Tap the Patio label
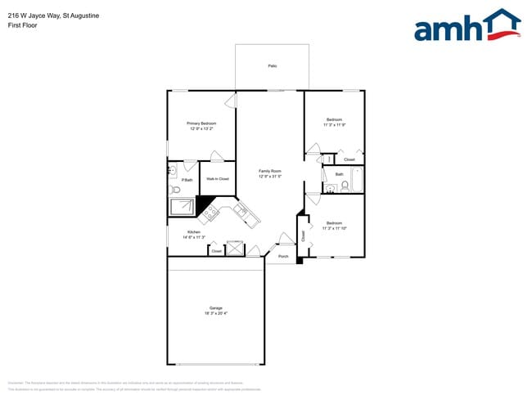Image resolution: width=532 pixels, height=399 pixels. (272, 65)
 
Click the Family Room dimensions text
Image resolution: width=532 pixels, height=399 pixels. (270, 177)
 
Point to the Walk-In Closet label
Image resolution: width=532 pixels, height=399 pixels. (217, 178)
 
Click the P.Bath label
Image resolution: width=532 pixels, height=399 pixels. (187, 179)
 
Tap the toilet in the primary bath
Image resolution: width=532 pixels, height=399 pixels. (175, 190)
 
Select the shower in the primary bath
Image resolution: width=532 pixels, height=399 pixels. (182, 207)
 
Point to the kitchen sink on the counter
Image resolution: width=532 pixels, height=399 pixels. (241, 211)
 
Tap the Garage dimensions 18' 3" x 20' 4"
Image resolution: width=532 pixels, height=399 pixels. (216, 313)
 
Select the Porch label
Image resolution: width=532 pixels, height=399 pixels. (283, 257)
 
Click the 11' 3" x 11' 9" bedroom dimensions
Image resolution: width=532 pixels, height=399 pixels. (334, 124)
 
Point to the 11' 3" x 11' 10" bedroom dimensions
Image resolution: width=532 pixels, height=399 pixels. (334, 228)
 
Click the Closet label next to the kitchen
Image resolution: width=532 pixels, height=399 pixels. (216, 251)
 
